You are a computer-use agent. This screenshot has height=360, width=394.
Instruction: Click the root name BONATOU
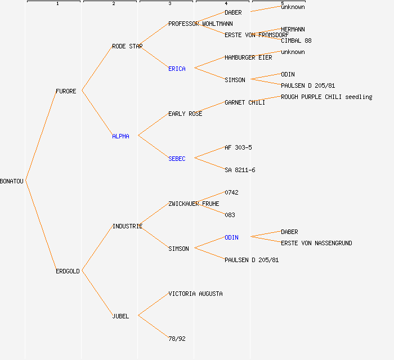coord(12,181)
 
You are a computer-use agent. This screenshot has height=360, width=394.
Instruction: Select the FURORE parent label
coord(66,91)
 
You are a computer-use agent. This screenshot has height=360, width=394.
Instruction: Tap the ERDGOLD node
coord(68,271)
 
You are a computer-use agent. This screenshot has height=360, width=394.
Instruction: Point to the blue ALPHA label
coord(120,136)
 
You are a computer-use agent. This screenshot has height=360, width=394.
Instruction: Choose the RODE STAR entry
coord(127,46)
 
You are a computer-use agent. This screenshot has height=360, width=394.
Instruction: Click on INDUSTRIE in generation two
coord(127,226)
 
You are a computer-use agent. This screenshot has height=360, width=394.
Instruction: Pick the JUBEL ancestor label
coord(120,316)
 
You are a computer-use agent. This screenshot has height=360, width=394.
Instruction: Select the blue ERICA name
coord(177,69)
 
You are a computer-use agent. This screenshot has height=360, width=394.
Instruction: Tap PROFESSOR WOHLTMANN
coord(200,24)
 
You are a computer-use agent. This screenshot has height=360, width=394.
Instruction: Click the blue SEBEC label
coord(177,159)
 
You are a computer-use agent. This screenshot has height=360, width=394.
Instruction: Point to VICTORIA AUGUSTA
coord(195,294)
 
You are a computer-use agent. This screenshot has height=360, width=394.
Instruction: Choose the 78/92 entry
coord(177,339)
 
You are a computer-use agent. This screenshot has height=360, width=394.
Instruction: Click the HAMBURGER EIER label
coord(248,57)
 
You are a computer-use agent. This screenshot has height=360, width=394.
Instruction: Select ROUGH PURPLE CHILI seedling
coord(326,97)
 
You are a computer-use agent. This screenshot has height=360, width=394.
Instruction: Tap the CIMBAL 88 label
coord(296,40)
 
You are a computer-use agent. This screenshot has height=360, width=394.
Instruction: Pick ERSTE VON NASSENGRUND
coord(316,243)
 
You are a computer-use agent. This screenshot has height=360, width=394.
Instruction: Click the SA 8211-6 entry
coord(240,170)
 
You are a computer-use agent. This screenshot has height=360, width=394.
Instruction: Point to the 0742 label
coord(231,192)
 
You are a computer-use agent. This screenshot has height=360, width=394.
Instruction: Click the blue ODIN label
coord(231,237)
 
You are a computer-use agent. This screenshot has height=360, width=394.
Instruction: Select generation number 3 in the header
coord(169,4)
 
